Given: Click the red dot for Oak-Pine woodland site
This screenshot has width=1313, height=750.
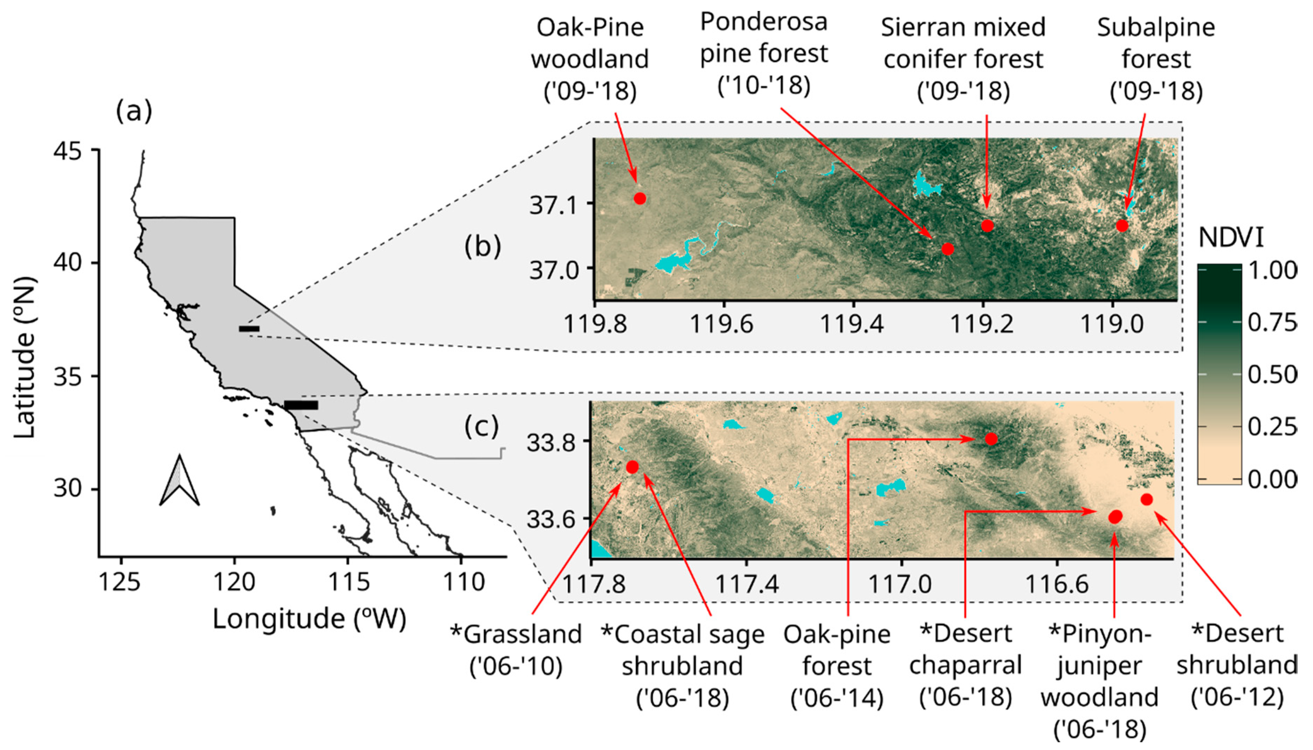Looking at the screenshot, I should (640, 198).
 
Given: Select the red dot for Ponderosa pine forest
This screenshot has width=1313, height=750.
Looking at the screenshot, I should (947, 249).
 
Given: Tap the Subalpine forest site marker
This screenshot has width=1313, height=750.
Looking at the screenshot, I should (1122, 225).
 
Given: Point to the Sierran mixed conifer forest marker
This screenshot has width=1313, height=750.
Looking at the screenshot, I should (987, 225).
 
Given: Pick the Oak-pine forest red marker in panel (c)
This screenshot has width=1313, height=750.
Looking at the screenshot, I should (991, 439).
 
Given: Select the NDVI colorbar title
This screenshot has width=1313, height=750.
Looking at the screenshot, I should (1231, 238).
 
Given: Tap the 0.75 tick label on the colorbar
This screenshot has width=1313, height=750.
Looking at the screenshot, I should (1272, 322).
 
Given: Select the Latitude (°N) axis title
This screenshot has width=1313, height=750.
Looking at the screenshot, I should (25, 357).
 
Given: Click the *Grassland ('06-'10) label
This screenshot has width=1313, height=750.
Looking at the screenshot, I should (516, 650).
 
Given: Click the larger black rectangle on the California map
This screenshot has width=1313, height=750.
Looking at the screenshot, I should (301, 405).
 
